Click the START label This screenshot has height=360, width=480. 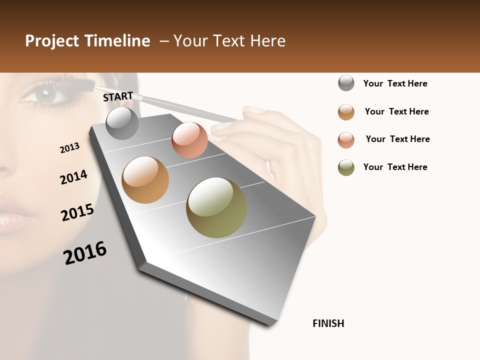click(x=118, y=96)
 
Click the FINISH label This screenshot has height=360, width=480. click(x=328, y=323)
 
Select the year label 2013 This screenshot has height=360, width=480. click(x=69, y=148)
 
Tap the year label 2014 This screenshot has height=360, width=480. click(x=73, y=177)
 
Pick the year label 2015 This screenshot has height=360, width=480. click(x=77, y=212)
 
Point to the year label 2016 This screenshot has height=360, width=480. click(x=85, y=252)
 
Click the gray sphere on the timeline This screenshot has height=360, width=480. click(x=122, y=123)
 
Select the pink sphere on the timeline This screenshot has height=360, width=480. click(x=189, y=140)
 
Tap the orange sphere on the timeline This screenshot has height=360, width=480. click(x=145, y=180)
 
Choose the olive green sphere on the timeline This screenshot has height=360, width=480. click(x=216, y=207)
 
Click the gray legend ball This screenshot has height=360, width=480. click(x=346, y=83)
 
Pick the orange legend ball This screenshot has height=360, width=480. click(x=346, y=112)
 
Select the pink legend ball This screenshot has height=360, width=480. click(x=346, y=140)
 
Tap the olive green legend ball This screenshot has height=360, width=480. click(x=346, y=167)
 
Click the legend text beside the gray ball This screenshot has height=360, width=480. click(x=395, y=83)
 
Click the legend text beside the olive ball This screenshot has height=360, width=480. click(x=395, y=167)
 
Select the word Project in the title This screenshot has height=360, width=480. click(x=52, y=41)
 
